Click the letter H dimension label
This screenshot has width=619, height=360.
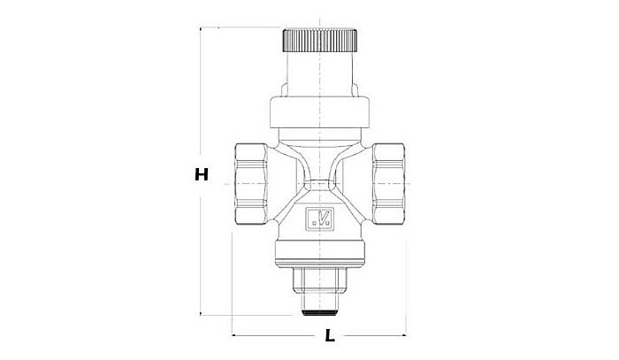coord(202,175)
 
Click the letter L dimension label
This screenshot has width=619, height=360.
coord(329,336)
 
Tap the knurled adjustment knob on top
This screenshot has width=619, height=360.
coord(319,41)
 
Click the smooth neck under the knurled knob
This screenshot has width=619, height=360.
coord(319,71)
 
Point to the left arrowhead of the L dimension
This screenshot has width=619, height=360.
coord(237,336)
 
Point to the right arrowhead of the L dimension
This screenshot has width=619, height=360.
coord(402,336)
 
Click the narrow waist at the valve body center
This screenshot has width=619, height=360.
coord(319,182)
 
